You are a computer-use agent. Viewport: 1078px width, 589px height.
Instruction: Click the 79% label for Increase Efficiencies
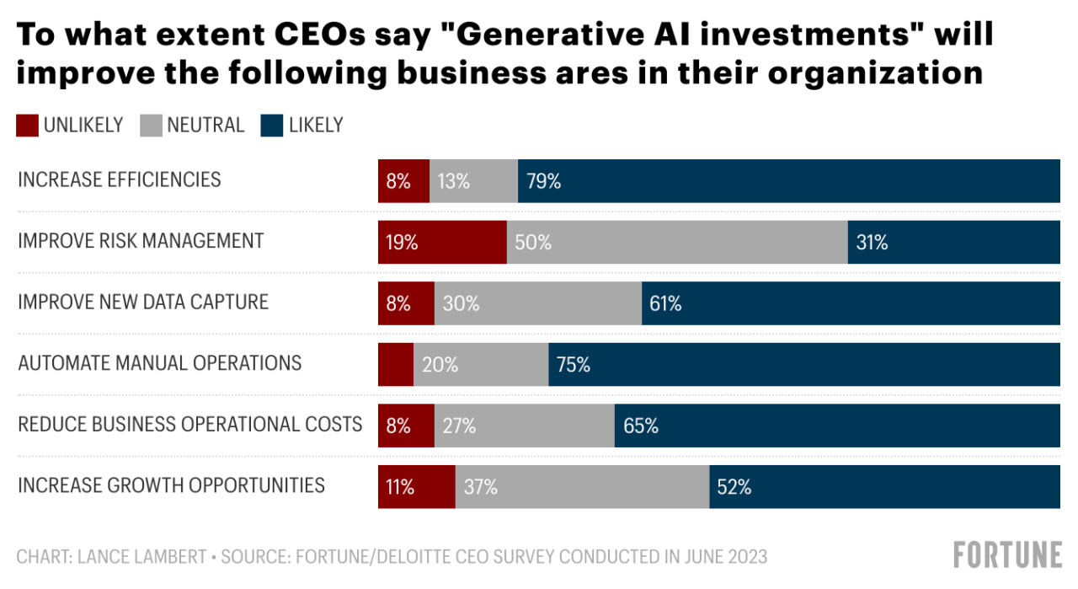tap(543, 180)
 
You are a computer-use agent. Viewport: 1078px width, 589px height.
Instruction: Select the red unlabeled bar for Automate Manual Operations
tap(395, 364)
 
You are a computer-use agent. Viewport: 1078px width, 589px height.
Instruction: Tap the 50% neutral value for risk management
tap(533, 243)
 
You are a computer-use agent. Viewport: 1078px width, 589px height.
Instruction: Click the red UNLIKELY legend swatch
tap(27, 126)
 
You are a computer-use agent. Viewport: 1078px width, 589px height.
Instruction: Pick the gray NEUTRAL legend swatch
tap(150, 126)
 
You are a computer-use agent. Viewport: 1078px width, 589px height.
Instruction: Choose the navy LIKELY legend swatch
tap(271, 126)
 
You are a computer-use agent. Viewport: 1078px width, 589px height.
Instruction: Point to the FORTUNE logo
tap(1007, 555)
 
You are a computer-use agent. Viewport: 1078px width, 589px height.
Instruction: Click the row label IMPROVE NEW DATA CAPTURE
tap(143, 302)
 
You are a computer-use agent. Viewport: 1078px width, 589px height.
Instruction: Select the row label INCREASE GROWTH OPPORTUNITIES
tap(171, 485)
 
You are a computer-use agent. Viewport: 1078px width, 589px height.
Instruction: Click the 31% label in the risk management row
tap(872, 243)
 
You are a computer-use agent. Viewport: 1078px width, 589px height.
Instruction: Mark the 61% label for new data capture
tap(665, 303)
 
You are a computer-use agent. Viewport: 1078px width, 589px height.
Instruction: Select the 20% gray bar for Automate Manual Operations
tap(480, 364)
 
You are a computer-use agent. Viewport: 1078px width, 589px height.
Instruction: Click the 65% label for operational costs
tap(641, 426)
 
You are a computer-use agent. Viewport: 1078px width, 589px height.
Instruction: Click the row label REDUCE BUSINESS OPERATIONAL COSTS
tap(189, 424)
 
